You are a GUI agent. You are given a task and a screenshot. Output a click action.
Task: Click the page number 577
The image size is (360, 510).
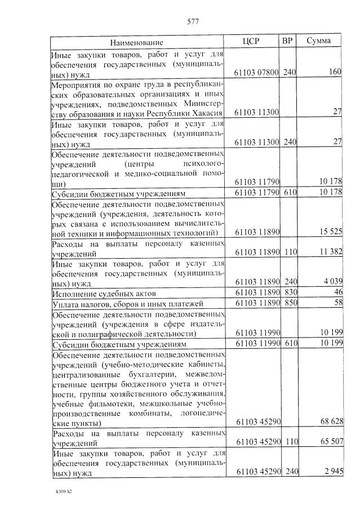click(x=193, y=22)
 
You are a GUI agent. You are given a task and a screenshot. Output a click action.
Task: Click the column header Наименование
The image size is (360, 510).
click(x=137, y=42)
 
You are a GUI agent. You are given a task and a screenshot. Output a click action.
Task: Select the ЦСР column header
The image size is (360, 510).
click(x=251, y=41)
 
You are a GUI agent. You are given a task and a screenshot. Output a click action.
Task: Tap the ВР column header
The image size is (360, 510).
click(x=287, y=41)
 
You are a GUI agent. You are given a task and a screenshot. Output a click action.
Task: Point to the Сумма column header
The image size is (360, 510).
click(x=319, y=41)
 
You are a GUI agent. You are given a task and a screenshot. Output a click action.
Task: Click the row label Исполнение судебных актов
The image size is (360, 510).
click(x=104, y=294)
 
